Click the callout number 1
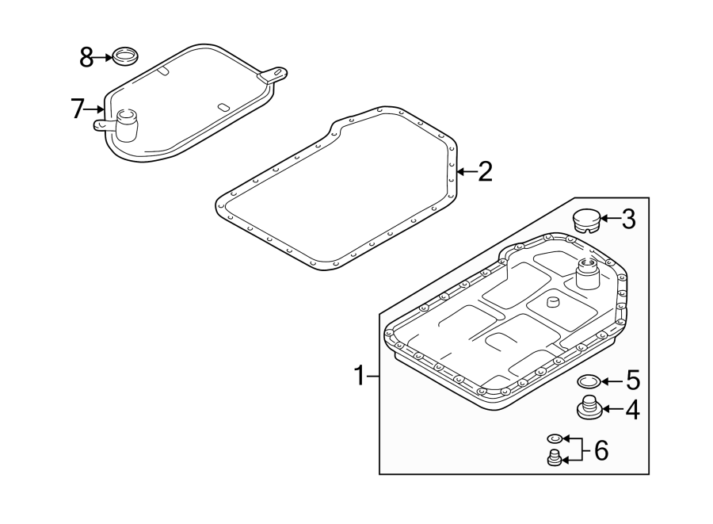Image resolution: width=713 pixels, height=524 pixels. pyautogui.click(x=359, y=375)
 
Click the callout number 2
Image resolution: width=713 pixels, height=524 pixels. pyautogui.click(x=484, y=171)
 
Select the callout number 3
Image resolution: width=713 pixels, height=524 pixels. pyautogui.click(x=628, y=219)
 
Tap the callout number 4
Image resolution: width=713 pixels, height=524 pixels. pyautogui.click(x=631, y=410)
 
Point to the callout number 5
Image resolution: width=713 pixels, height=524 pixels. pyautogui.click(x=631, y=381)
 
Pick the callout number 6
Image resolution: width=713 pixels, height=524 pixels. pyautogui.click(x=601, y=451)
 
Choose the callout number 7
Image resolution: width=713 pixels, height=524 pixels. pyautogui.click(x=77, y=108)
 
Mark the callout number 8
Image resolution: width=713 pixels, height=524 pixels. pyautogui.click(x=87, y=56)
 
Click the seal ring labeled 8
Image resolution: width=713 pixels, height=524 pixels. pyautogui.click(x=124, y=56)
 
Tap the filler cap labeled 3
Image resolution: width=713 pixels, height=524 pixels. pyautogui.click(x=585, y=219)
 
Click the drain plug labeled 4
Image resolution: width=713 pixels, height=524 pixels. pyautogui.click(x=587, y=408)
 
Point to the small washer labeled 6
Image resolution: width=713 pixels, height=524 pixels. pyautogui.click(x=555, y=438)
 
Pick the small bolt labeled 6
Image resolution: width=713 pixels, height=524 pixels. pyautogui.click(x=555, y=457)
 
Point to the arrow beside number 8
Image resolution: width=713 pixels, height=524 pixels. pyautogui.click(x=104, y=56)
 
